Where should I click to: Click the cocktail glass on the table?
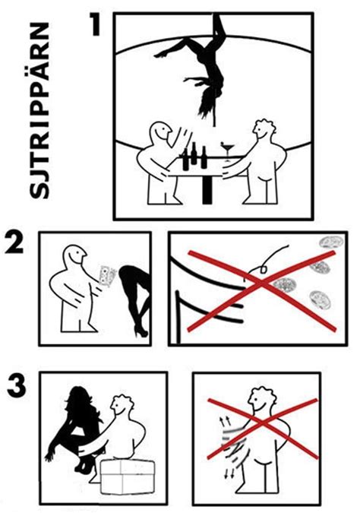tap(228, 146)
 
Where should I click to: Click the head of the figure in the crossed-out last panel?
tap(258, 401)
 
